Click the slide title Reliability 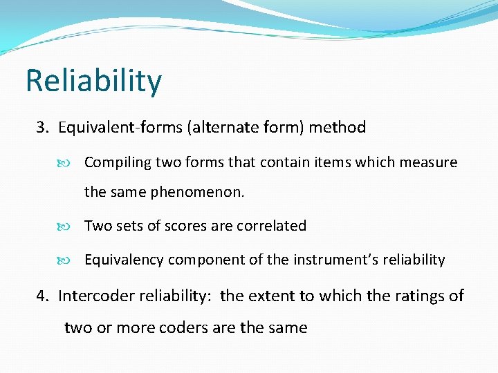coord(93,80)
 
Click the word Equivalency coord(124,260)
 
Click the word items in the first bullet coord(333,163)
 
